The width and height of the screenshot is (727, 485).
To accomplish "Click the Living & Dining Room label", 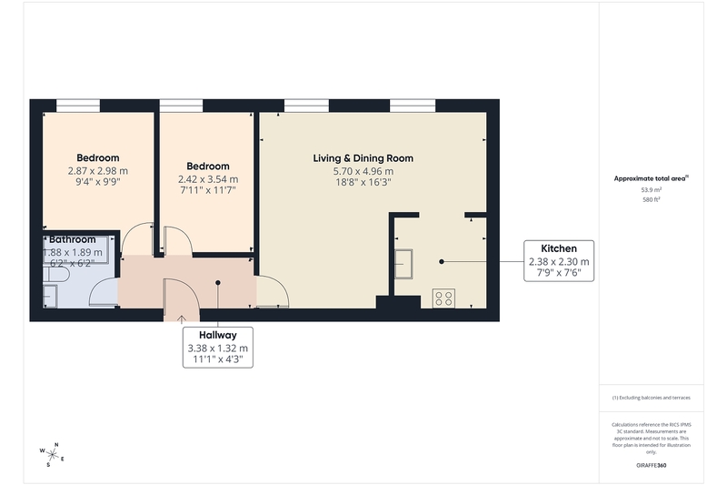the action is pos(363,158).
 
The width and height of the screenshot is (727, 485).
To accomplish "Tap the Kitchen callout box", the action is pos(559,261).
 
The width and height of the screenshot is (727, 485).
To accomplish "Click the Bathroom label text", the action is pos(73,239).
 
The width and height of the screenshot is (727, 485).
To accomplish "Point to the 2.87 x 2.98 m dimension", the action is pos(98,171).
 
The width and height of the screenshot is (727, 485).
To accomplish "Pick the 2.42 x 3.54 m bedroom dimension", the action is pos(208,179).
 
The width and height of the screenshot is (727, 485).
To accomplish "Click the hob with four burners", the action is pos(443,298).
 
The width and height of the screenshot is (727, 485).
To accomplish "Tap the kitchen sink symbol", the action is pos(403,264).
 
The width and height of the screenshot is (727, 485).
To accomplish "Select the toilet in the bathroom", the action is pos(55,274).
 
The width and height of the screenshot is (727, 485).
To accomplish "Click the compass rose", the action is pos(52,454).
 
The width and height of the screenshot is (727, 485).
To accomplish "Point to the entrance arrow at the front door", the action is pos(181,318).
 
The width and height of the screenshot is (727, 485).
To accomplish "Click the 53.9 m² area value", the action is pos(651,190).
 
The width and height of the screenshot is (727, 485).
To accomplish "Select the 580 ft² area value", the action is pos(651,199).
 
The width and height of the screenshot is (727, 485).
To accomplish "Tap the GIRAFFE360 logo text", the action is pos(651,465).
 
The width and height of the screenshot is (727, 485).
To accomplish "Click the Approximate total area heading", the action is pos(651,178).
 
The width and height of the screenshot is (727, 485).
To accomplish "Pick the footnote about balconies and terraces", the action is pos(651,398).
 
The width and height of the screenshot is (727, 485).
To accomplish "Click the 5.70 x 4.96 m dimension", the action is pos(363,171).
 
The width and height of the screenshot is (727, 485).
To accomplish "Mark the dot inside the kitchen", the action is pos(442,262).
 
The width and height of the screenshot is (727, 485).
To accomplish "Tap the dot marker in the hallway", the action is pos(218,283).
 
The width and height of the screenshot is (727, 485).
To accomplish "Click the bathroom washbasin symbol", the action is pos(50,296).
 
